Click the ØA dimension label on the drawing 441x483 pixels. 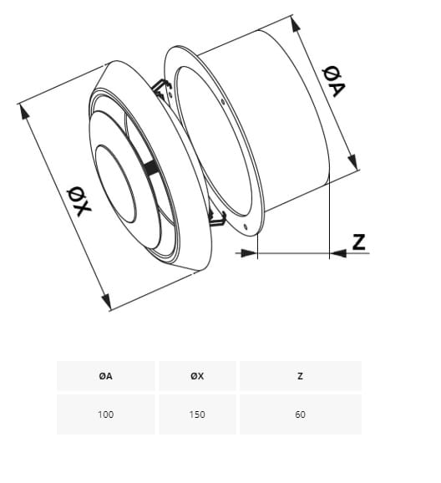(334, 81)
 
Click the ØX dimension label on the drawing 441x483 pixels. (79, 201)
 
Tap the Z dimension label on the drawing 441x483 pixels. (359, 241)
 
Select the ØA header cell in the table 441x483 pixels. (105, 376)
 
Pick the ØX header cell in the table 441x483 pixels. (197, 376)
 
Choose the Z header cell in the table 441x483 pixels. (300, 376)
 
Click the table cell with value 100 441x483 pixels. (105, 414)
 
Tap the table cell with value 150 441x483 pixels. (197, 414)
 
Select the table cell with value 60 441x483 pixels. (300, 414)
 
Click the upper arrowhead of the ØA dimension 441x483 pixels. (296, 24)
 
